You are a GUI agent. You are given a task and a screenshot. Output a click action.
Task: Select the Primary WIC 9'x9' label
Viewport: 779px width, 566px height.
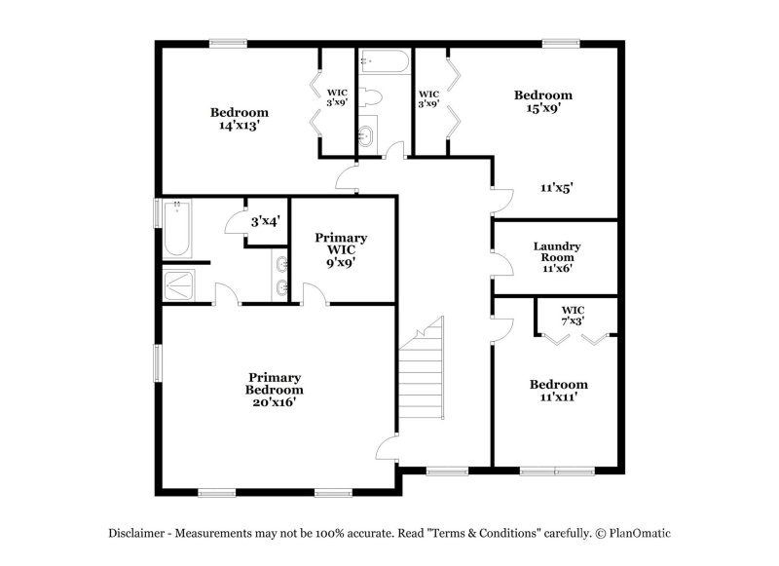[x=341, y=249]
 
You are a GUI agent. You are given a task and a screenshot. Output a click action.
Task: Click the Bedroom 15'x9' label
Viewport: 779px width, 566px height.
[x=542, y=101]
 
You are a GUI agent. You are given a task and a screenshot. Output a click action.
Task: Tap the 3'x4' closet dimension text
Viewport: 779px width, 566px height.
[x=265, y=222]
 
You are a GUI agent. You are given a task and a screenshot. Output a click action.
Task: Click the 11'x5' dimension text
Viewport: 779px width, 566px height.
[x=556, y=188]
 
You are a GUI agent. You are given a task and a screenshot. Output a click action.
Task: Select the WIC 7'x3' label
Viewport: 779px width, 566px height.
[x=573, y=315]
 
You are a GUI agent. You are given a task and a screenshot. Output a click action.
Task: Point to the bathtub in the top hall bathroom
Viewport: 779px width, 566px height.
[x=385, y=64]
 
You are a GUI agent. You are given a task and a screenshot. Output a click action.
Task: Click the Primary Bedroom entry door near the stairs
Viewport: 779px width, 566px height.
[x=386, y=451]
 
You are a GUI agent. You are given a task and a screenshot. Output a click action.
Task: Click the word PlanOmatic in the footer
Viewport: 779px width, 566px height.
[x=640, y=533]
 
